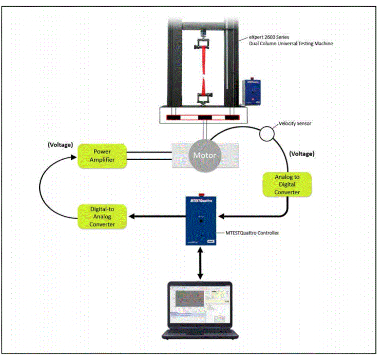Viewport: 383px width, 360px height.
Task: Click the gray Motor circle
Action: (x=204, y=155)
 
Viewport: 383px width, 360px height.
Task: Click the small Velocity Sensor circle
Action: (x=266, y=134)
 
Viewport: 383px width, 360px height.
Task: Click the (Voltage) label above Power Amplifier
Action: (x=60, y=145)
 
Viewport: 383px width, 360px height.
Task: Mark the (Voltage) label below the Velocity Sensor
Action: (x=302, y=154)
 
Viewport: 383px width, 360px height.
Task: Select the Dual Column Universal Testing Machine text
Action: (x=291, y=44)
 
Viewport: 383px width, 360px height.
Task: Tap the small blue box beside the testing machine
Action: (x=252, y=92)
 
